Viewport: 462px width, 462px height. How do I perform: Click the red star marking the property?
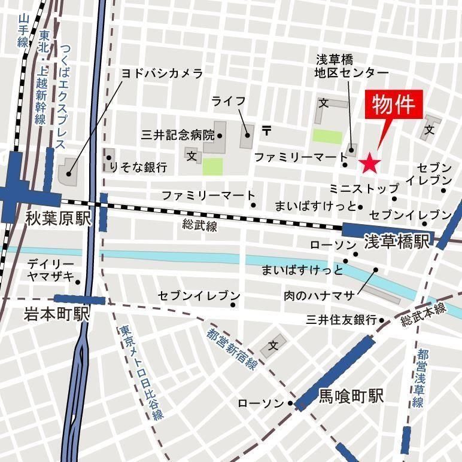pos(369,162)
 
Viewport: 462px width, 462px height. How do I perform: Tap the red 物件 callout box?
pos(394,105)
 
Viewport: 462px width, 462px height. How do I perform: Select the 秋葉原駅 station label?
pos(57,218)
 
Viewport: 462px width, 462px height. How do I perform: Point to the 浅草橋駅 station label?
pos(397,241)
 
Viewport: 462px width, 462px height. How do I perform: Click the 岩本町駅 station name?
pos(56,313)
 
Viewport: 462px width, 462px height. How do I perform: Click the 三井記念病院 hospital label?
pos(177,134)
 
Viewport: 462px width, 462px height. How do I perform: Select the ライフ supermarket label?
pos(229,101)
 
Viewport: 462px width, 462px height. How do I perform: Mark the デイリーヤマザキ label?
pos(50,270)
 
